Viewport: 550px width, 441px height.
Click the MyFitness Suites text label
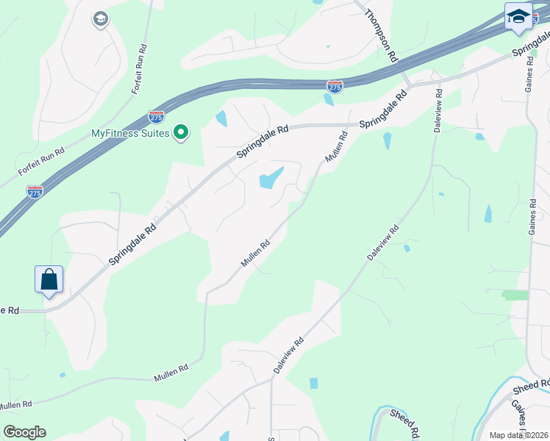click(130, 133)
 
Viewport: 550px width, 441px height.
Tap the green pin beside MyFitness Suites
click(181, 133)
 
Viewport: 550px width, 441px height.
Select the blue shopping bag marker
click(49, 280)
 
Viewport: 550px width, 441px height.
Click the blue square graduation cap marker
click(518, 17)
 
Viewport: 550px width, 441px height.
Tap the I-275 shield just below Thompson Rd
click(335, 87)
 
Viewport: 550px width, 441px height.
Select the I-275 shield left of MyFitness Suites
click(156, 116)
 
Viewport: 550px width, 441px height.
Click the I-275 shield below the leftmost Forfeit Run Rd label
click(35, 191)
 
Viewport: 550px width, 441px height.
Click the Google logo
click(24, 432)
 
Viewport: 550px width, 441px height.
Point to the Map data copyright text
click(519, 435)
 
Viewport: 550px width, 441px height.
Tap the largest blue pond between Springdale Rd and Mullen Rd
click(270, 178)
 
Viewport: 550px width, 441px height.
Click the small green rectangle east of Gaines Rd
click(515, 295)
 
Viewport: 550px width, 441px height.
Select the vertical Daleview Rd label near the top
click(438, 110)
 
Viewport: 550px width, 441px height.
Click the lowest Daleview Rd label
click(289, 356)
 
